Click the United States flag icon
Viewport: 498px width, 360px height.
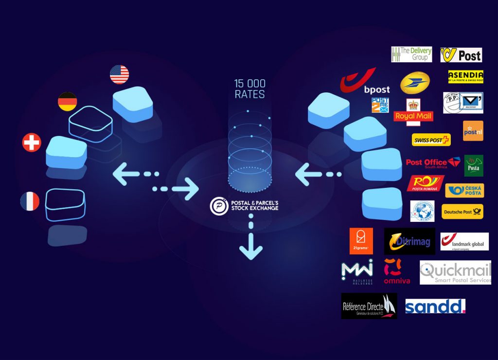(119, 74)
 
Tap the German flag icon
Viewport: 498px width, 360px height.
(68, 102)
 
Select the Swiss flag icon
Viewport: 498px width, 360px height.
(32, 143)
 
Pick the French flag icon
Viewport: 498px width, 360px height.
(30, 201)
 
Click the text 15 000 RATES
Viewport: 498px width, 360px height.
(250, 89)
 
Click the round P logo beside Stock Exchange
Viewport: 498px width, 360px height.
(219, 206)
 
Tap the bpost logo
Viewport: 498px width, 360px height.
(365, 81)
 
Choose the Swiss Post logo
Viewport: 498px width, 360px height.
(431, 140)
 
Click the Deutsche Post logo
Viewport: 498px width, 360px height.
(462, 212)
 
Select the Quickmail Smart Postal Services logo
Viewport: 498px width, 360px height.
(455, 272)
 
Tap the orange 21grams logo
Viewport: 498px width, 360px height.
(361, 241)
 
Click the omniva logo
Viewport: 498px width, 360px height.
(396, 271)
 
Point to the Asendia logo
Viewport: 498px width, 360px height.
(465, 76)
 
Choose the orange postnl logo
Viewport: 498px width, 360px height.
(473, 131)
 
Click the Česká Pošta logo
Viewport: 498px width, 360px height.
(464, 190)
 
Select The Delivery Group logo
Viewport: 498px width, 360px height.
(411, 54)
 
